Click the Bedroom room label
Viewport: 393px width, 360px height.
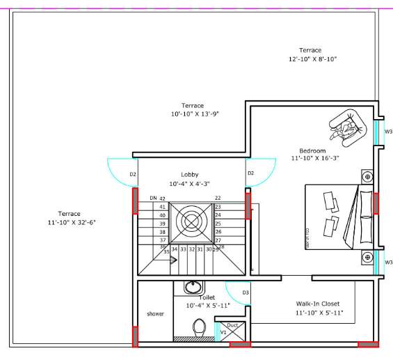tap(312, 151)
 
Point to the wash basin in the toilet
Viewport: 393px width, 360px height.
tap(193, 287)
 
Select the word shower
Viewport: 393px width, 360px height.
tap(155, 314)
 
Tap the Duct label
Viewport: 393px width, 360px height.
tap(233, 325)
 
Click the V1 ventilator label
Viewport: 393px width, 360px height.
tap(223, 333)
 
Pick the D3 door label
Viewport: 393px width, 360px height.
tap(246, 292)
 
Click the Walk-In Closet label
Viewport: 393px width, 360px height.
tap(317, 304)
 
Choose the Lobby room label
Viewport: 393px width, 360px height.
tap(190, 175)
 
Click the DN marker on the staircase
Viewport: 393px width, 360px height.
tap(153, 198)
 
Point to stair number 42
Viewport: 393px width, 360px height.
tap(162, 198)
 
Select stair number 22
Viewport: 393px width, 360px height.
tap(218, 198)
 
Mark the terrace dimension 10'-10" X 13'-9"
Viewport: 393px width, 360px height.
tap(195, 114)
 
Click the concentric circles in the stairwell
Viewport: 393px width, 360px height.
tap(191, 222)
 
